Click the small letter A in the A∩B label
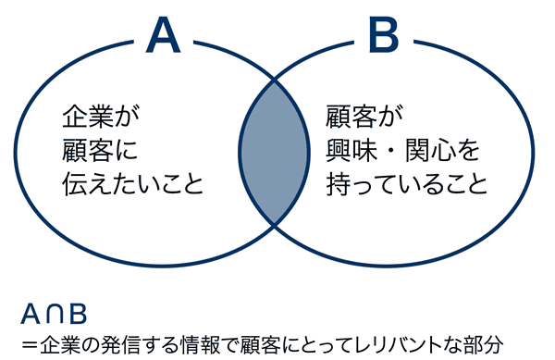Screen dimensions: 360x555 coord(32,314)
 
